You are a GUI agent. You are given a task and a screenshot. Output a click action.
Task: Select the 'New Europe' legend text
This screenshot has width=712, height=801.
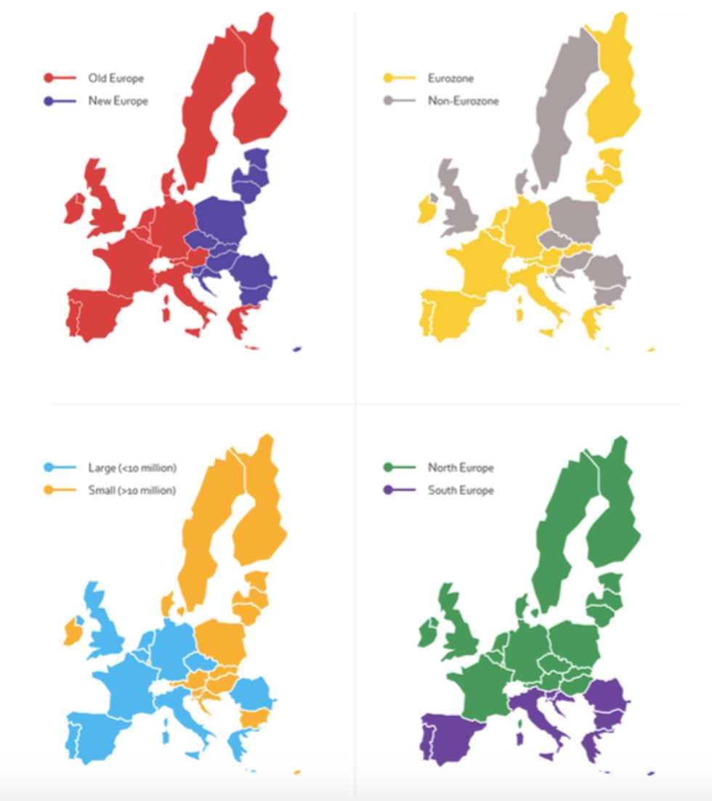pos(118,101)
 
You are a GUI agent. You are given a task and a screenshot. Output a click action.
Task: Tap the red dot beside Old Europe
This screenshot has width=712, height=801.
pos(49,78)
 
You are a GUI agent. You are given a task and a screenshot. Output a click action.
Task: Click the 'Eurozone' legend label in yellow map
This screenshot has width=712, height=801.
pos(450,78)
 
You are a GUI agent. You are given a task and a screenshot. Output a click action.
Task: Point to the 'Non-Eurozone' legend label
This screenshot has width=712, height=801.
pos(464,101)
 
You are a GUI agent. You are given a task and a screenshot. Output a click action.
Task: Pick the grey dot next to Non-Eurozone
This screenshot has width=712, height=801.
pos(388,101)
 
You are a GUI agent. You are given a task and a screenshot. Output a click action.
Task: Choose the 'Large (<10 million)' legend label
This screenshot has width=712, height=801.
pos(132,468)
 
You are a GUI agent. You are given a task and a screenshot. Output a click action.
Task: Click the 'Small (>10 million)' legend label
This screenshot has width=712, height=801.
pos(132,490)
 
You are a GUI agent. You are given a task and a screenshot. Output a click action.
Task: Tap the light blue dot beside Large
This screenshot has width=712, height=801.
pos(49,468)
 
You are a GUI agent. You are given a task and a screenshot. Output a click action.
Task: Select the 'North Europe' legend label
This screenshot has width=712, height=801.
pos(461,468)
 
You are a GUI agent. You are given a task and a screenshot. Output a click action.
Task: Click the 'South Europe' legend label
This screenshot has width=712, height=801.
pos(461,490)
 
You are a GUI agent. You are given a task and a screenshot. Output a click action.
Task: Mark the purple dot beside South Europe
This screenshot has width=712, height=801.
pos(388,490)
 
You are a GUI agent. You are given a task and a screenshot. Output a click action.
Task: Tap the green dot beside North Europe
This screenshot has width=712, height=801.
pos(388,468)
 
